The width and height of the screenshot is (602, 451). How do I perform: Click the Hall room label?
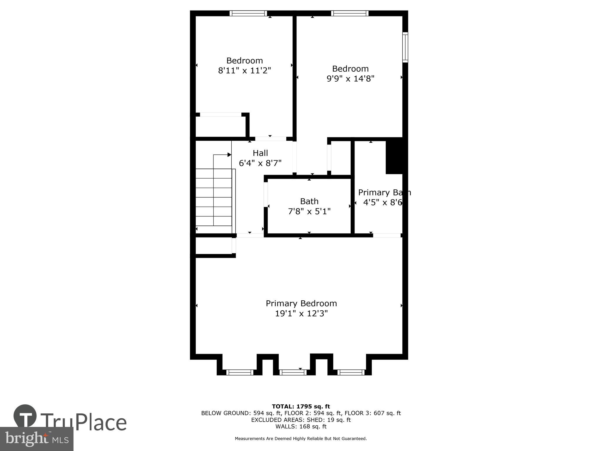click(260, 153)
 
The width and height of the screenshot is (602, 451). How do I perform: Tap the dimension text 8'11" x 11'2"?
click(244, 71)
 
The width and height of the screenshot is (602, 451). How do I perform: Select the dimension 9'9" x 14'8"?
click(350, 79)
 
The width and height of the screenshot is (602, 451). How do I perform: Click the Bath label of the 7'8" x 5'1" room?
click(309, 201)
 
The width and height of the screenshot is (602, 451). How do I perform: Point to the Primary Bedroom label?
click(301, 303)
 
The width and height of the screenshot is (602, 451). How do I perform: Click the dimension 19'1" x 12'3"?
click(301, 314)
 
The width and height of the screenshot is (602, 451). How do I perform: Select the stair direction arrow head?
click(229, 155)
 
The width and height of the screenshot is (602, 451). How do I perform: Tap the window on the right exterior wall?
click(405, 47)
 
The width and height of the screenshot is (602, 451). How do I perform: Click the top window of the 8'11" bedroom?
click(248, 13)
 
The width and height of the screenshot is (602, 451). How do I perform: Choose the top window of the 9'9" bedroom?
click(350, 13)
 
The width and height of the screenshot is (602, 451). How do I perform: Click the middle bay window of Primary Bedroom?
click(293, 372)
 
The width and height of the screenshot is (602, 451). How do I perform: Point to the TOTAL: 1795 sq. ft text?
click(301, 407)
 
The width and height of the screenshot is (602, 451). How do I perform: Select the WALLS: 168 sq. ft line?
click(301, 426)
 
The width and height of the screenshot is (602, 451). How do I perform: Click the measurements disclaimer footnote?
click(301, 439)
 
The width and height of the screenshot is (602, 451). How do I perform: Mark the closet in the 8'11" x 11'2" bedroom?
click(220, 127)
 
